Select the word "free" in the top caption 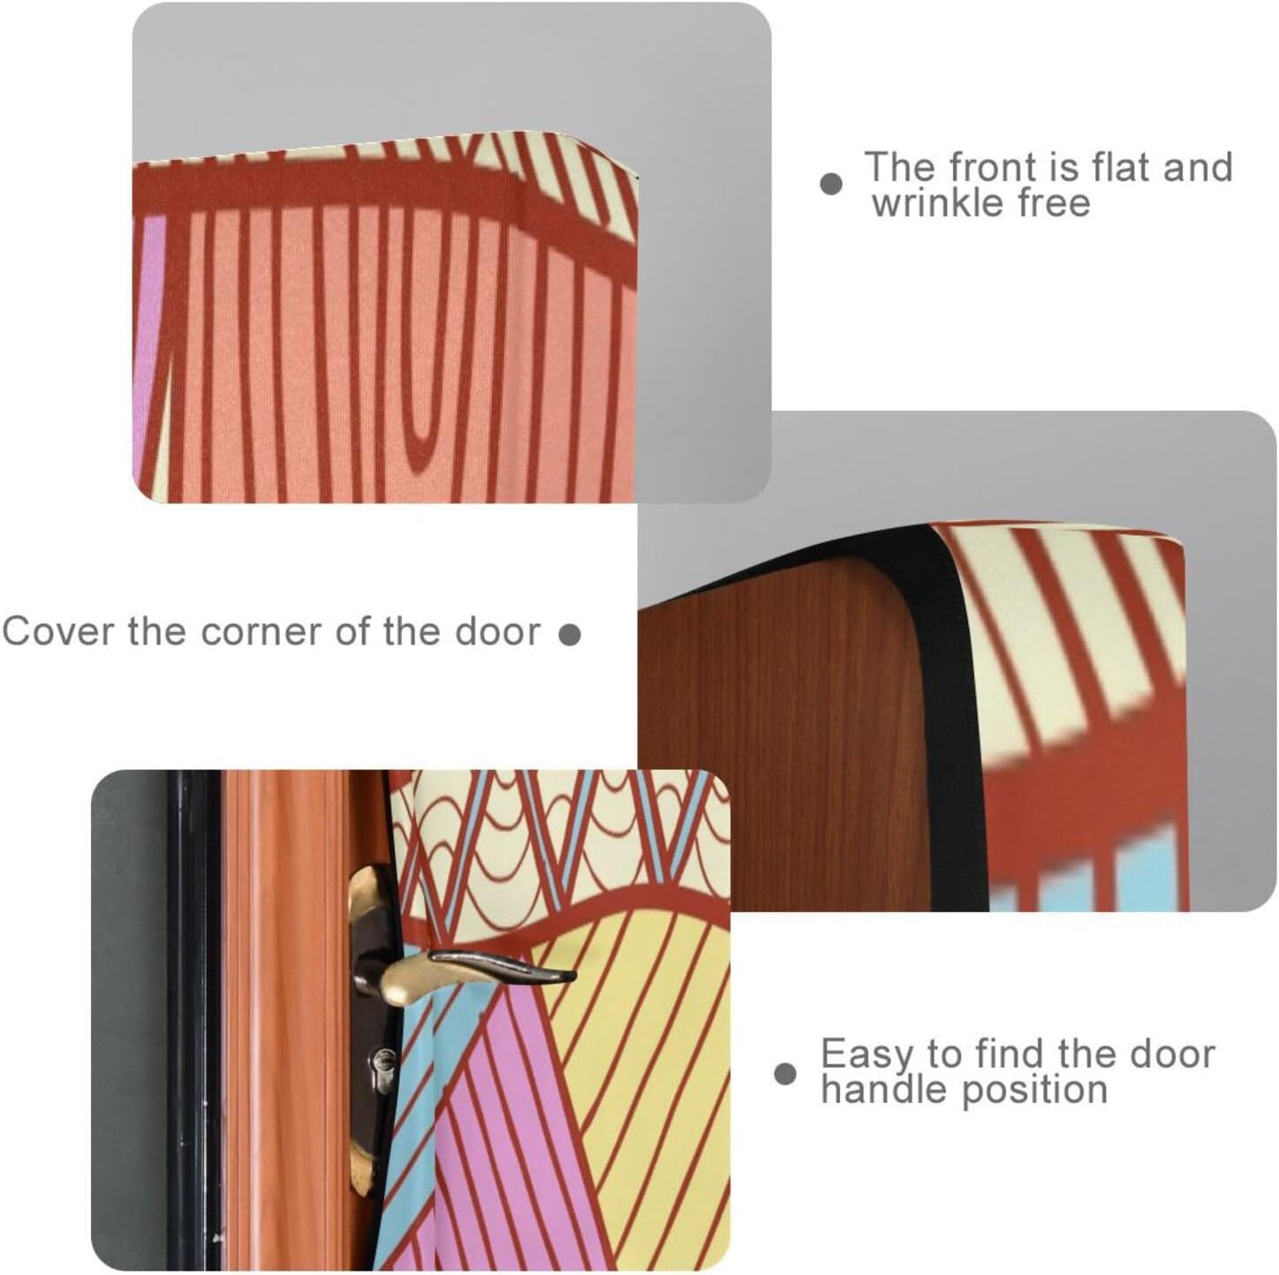1052,203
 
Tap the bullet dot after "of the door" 571,635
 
